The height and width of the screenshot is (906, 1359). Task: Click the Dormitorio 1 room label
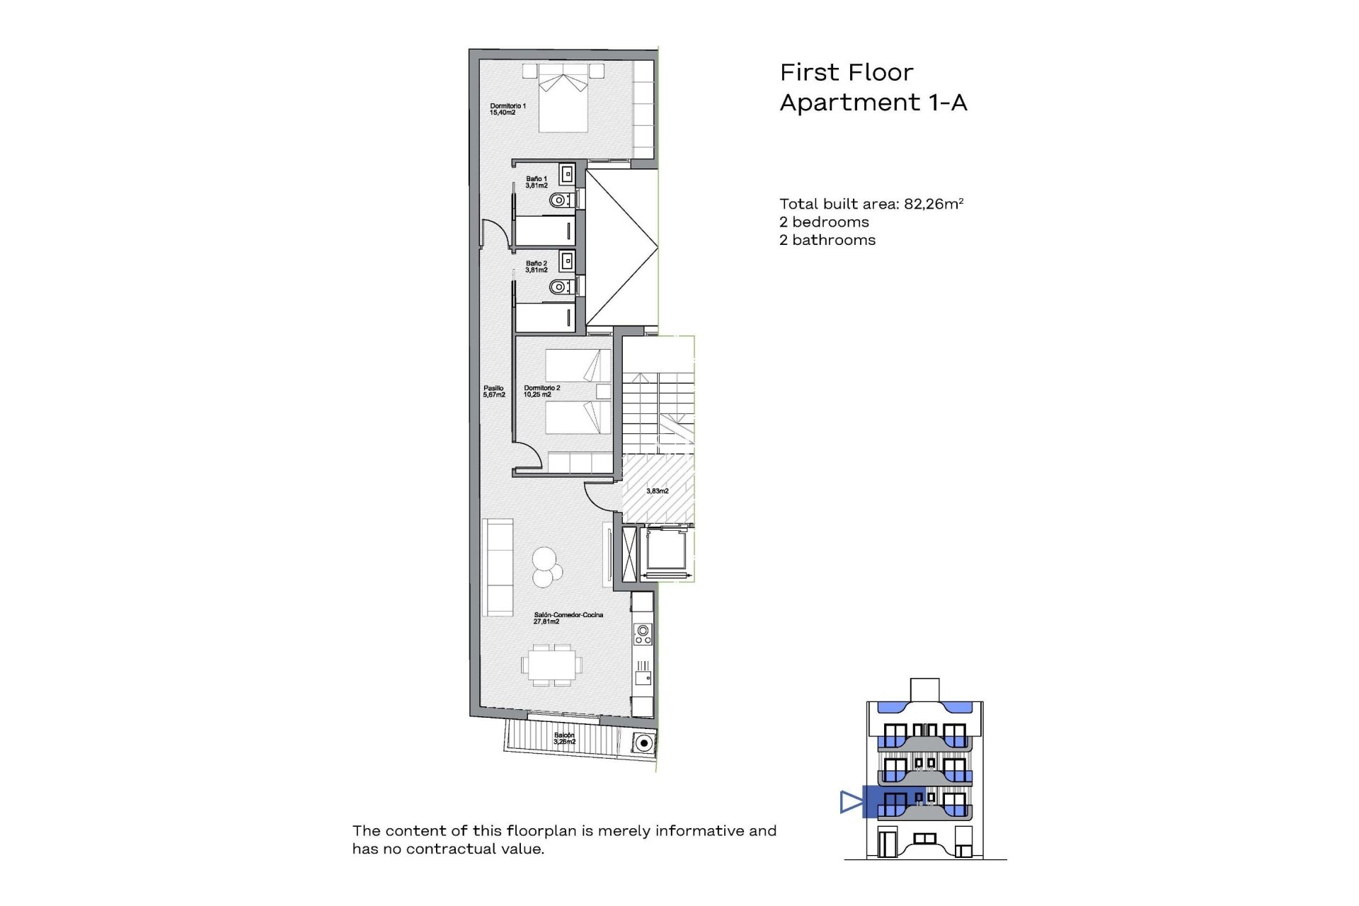(508, 109)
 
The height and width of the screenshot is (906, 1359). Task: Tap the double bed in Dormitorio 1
(563, 103)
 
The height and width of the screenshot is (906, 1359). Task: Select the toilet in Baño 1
(560, 201)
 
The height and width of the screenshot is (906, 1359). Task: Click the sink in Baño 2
(567, 260)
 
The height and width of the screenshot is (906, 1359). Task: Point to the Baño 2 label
(537, 266)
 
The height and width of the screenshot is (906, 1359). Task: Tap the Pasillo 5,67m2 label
(494, 391)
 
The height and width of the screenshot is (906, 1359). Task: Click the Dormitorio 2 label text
(541, 391)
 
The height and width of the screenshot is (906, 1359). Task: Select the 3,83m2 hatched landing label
(657, 491)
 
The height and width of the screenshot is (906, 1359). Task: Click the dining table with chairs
(552, 665)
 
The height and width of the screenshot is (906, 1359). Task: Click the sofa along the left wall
(498, 567)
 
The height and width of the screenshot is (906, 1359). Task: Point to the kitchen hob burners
(643, 634)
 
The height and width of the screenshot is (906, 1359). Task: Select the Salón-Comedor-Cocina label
(568, 618)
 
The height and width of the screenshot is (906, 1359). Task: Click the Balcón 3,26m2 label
(564, 738)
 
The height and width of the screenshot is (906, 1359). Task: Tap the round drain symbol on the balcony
(643, 743)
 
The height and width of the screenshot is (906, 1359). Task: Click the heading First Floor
(846, 72)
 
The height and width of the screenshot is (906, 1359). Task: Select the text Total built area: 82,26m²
(871, 204)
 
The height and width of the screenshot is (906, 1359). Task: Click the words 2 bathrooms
(827, 240)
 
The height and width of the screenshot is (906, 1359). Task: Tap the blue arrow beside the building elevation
(850, 801)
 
